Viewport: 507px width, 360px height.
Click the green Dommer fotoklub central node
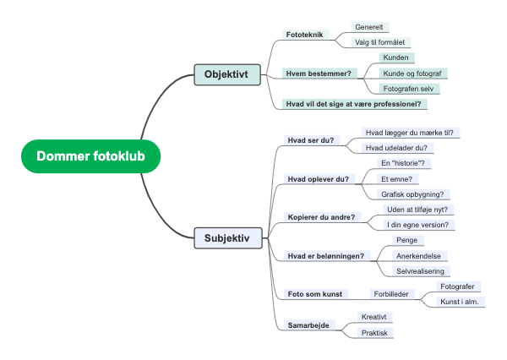(90, 156)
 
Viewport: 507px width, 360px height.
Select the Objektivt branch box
(226, 75)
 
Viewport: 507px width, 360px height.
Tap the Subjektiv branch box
(226, 238)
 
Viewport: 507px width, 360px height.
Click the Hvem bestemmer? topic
(319, 74)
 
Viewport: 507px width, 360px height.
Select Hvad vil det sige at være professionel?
(354, 104)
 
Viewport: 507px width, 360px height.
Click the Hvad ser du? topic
(310, 140)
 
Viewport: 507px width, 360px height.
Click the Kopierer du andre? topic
(321, 216)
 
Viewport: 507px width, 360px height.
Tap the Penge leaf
(407, 240)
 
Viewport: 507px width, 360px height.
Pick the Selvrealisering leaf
(420, 271)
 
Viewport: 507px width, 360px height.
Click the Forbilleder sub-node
(392, 294)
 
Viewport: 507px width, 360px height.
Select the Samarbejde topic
(310, 325)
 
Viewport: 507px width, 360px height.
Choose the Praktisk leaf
(374, 333)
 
